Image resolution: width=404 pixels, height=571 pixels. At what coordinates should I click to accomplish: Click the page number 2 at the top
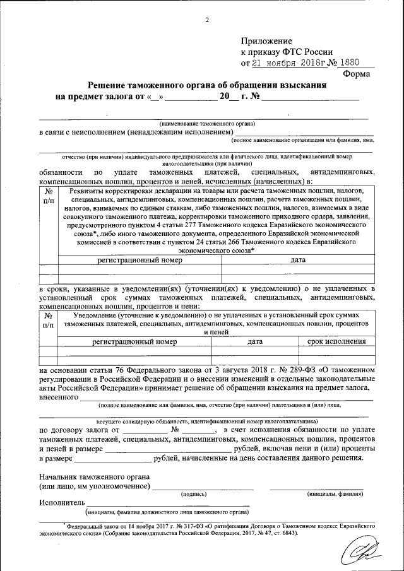(206, 20)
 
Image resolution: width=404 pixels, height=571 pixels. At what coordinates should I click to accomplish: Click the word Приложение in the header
(264, 41)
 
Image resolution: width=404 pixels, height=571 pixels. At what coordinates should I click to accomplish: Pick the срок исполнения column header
(336, 341)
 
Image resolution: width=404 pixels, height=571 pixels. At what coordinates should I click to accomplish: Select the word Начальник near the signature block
(62, 477)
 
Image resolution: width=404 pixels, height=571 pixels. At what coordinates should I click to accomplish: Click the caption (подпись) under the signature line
(193, 494)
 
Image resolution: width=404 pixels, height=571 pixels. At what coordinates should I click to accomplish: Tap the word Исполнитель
(61, 503)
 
